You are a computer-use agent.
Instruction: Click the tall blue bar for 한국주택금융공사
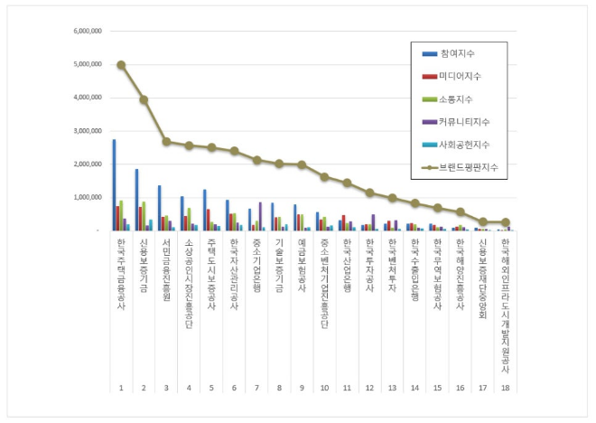pos(114,185)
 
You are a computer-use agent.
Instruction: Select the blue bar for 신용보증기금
pos(136,200)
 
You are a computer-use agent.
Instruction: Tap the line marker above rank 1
pos(121,65)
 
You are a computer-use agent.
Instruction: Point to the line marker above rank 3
pos(166,142)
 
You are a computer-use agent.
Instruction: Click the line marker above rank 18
pos(505,222)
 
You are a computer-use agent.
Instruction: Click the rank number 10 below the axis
pos(324,388)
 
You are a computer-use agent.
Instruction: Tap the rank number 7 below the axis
pos(256,388)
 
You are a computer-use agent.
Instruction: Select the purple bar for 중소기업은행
pos(261,217)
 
